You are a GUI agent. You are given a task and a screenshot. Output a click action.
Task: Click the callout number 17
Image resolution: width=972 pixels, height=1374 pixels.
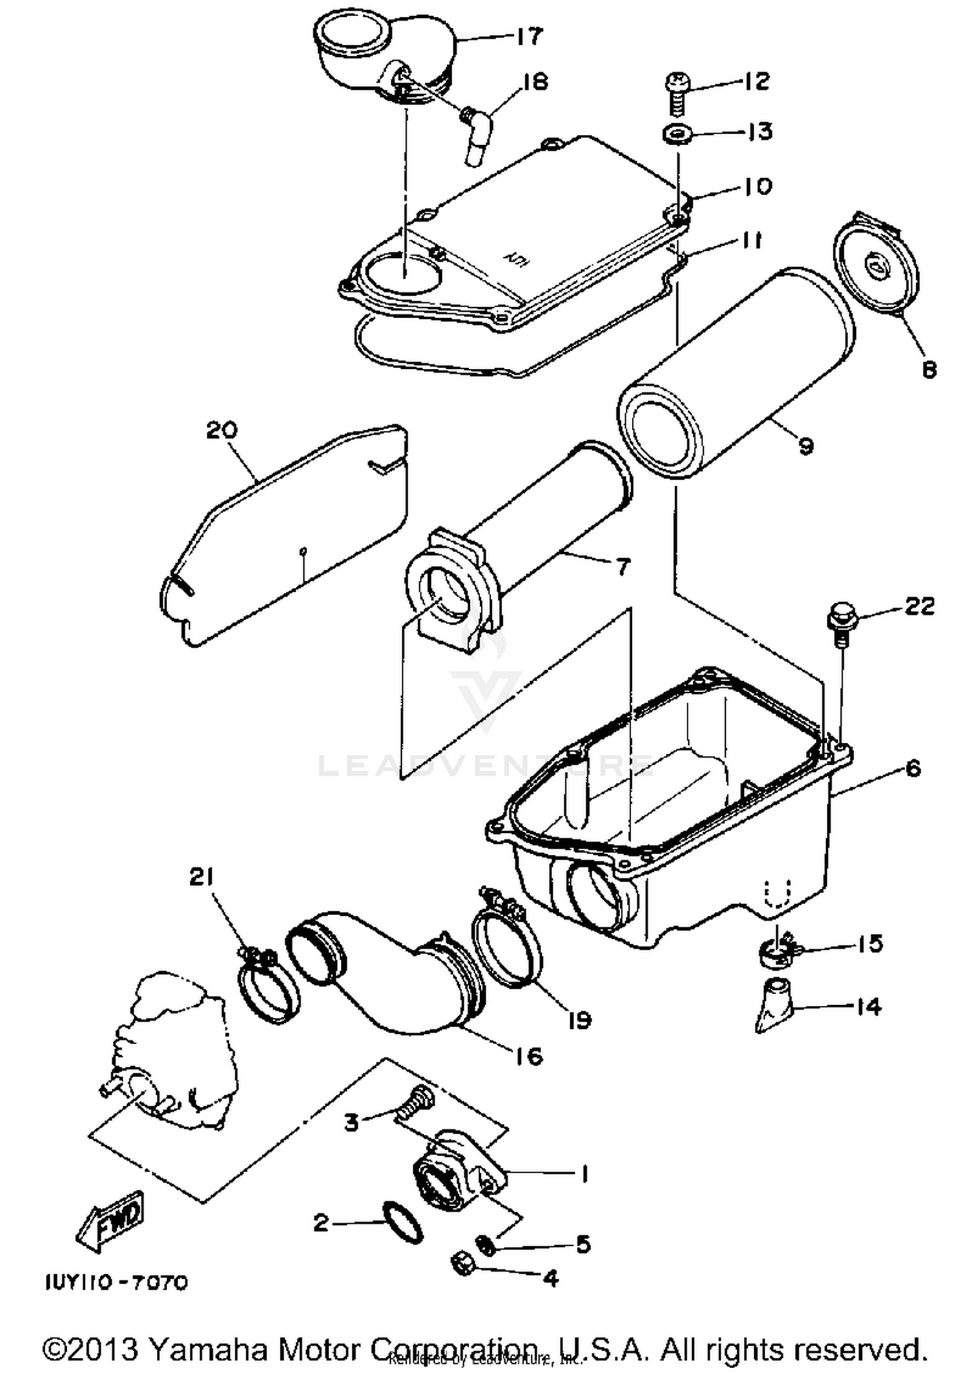pos(529,37)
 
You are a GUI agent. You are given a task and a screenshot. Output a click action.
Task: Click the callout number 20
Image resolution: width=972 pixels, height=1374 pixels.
pos(222,430)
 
